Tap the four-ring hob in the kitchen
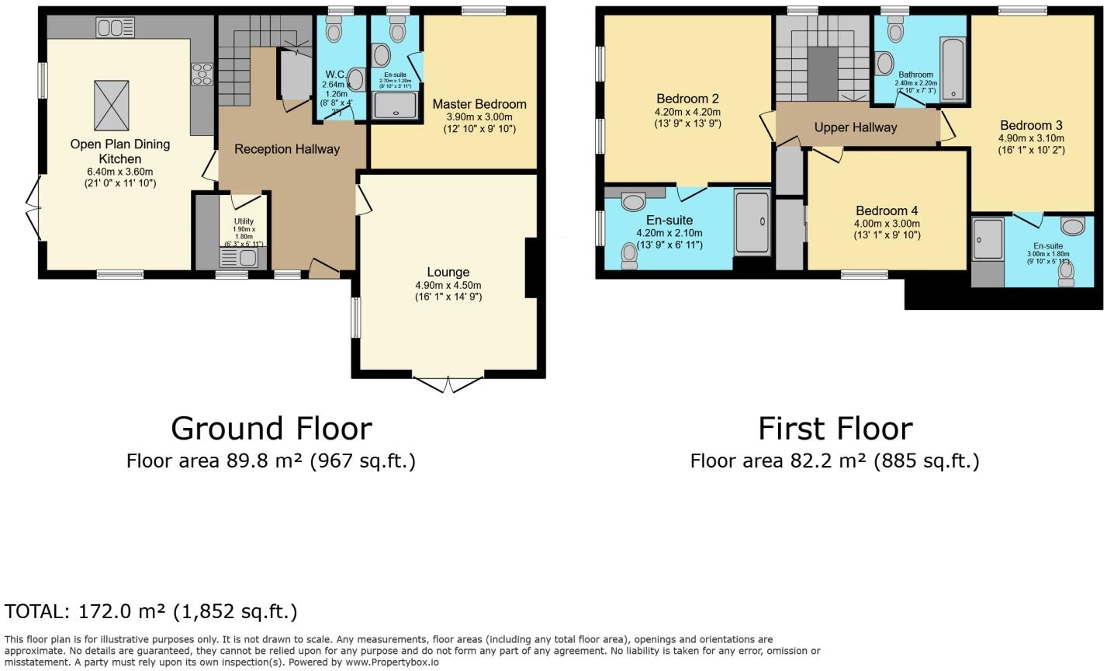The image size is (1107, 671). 202,75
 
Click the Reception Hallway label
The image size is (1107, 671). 287,149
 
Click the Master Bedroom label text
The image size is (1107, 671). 479,104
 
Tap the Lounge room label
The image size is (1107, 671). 448,272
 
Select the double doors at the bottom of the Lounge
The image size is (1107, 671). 448,384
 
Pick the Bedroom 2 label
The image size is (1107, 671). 687,99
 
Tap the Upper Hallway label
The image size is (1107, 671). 855,127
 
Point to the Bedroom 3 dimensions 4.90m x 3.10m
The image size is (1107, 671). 1031,138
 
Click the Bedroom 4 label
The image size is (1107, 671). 887,210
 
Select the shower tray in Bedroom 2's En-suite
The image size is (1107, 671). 752,222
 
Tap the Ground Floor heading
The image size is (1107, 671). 271,429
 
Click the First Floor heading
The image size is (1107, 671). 835,429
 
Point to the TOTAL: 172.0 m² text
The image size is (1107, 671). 151,611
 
